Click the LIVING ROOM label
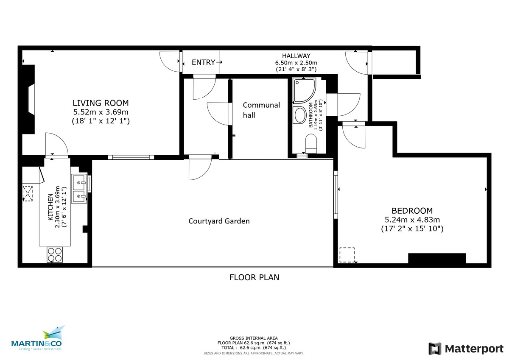(101, 103)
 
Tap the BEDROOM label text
(412, 211)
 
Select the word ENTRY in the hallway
(204, 62)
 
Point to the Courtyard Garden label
(219, 221)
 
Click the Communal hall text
(261, 110)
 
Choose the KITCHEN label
(50, 207)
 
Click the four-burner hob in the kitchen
(54, 254)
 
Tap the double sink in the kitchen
(79, 189)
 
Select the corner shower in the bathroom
(304, 90)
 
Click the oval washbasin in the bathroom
(301, 115)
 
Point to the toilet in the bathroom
(311, 143)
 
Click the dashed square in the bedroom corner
(347, 255)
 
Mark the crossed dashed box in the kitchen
(28, 194)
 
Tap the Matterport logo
(466, 349)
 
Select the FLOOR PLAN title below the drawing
(254, 278)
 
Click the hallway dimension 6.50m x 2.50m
(296, 62)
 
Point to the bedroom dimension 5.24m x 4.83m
(412, 220)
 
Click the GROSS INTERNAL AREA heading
(254, 338)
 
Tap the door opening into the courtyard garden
(199, 167)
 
